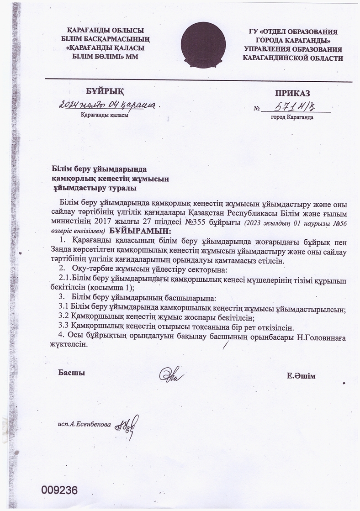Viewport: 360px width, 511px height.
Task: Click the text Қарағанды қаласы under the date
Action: pos(104,116)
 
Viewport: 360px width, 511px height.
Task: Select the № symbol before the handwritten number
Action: pos(256,109)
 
